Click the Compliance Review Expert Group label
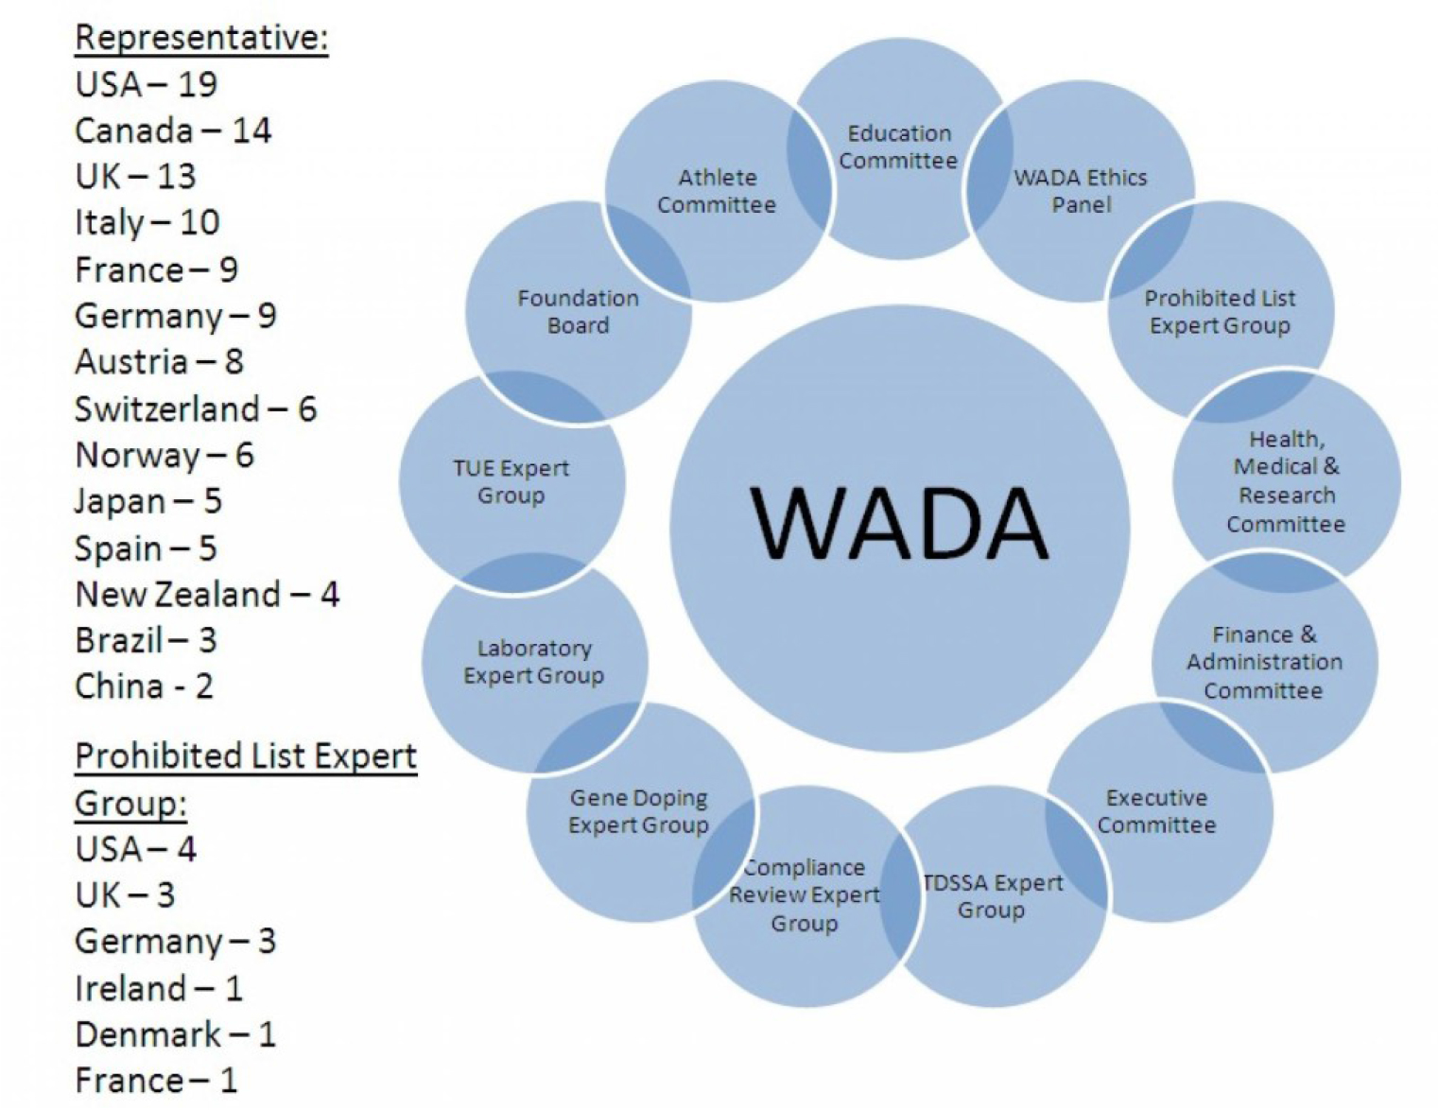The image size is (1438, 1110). tap(804, 894)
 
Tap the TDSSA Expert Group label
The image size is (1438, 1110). tap(992, 896)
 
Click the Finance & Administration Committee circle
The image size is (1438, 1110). tap(1264, 662)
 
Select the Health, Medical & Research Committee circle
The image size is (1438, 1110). tap(1286, 481)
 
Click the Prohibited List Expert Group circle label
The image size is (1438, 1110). tap(1220, 312)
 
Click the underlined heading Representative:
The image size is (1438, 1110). tap(201, 38)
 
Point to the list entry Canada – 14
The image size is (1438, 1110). tap(173, 130)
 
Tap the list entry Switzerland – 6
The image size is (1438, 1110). tap(196, 409)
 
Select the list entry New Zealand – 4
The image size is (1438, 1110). tap(207, 595)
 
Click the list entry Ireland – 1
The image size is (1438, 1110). tap(159, 989)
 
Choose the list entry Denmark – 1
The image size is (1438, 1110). tap(175, 1034)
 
